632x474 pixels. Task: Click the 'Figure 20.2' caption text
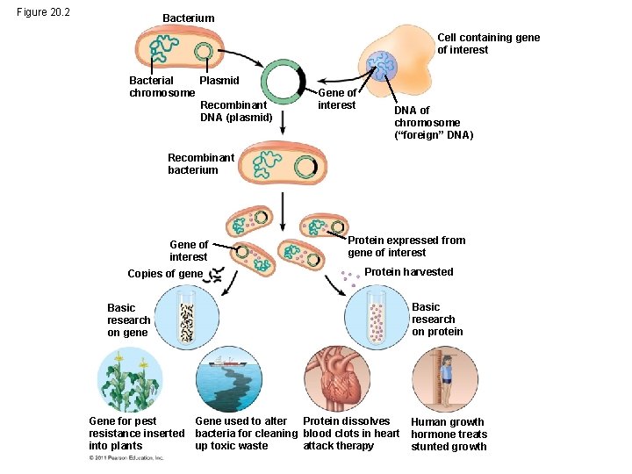45,11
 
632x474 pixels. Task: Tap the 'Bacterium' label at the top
188,18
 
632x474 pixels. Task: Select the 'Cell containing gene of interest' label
488,44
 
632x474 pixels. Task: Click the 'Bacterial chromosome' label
162,87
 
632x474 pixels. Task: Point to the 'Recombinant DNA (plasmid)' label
236,111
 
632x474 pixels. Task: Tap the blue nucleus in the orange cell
383,66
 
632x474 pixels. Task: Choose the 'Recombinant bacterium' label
201,164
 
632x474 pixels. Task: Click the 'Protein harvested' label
408,272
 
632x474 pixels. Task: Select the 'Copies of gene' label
164,274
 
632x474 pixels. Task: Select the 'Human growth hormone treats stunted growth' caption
449,434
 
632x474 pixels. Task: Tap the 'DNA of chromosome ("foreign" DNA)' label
433,123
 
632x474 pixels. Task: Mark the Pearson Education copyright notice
126,458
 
